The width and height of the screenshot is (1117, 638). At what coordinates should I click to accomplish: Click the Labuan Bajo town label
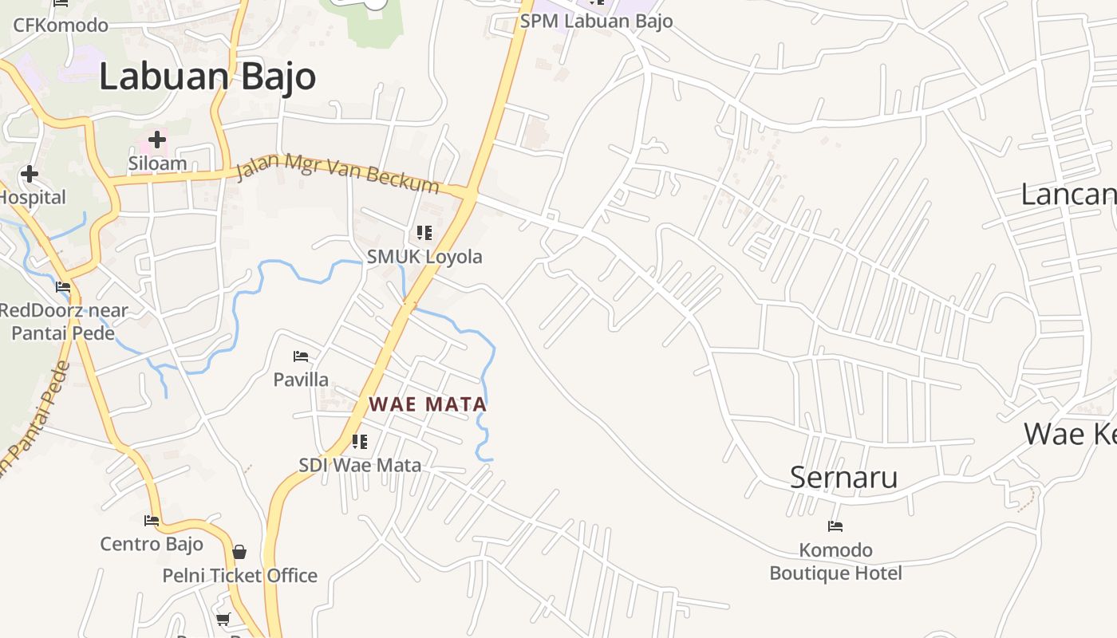pos(207,77)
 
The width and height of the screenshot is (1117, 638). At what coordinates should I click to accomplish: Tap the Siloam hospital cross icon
pos(157,140)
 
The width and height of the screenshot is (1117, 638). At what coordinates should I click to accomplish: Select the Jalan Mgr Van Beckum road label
pos(338,175)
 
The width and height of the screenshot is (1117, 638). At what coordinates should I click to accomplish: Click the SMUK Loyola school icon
pos(424,233)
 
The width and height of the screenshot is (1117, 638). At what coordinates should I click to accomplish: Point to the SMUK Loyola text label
pos(424,257)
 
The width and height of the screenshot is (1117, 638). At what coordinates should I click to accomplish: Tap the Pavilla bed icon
pos(301,356)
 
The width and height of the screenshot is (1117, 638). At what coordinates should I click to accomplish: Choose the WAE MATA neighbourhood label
pos(428,404)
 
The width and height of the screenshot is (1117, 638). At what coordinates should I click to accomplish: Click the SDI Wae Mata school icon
pos(360,441)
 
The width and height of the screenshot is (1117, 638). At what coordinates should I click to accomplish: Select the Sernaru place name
pos(843,477)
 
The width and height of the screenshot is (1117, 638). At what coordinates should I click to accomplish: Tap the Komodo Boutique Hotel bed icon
pos(835,526)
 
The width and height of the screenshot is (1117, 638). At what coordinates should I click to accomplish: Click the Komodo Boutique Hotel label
pos(835,561)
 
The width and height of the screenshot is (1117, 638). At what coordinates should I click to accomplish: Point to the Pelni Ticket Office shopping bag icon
pos(239,552)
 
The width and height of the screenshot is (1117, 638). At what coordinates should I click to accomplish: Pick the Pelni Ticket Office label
pos(239,576)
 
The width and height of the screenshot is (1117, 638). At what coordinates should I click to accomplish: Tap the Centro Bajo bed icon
pos(152,521)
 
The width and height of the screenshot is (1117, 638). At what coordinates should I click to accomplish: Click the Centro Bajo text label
pos(152,545)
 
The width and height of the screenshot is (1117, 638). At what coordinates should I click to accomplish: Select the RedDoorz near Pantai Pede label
pos(64,321)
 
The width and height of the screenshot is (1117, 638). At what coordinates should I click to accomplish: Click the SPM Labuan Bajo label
pos(596,22)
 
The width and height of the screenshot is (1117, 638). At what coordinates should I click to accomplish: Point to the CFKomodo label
pos(61,25)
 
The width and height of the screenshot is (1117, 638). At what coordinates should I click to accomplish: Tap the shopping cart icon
pos(223,619)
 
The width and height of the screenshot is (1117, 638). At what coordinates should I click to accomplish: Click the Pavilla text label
pos(301,380)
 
